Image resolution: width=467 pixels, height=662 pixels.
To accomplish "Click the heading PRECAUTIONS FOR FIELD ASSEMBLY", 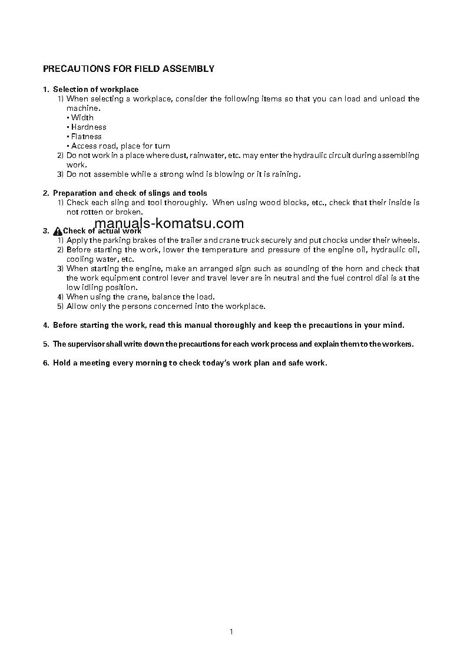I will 128,69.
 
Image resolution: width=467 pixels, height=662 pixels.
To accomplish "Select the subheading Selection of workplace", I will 95,90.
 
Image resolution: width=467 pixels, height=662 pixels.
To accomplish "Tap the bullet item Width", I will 82,118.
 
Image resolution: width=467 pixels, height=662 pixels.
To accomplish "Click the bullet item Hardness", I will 88,127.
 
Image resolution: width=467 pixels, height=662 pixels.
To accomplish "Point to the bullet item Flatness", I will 86,137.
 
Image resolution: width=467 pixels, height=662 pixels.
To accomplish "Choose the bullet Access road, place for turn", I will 120,146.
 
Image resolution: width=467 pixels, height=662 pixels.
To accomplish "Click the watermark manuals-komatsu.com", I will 168,223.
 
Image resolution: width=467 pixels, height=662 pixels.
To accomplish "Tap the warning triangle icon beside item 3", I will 57,231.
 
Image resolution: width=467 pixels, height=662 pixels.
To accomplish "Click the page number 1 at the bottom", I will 231,632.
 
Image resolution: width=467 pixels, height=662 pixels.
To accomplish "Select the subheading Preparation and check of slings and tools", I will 130,193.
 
